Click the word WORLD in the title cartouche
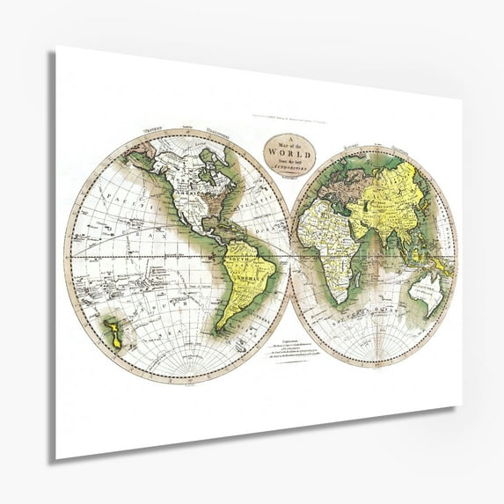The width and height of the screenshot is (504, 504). (x=290, y=153)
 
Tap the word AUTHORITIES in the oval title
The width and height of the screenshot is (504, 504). (x=290, y=167)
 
